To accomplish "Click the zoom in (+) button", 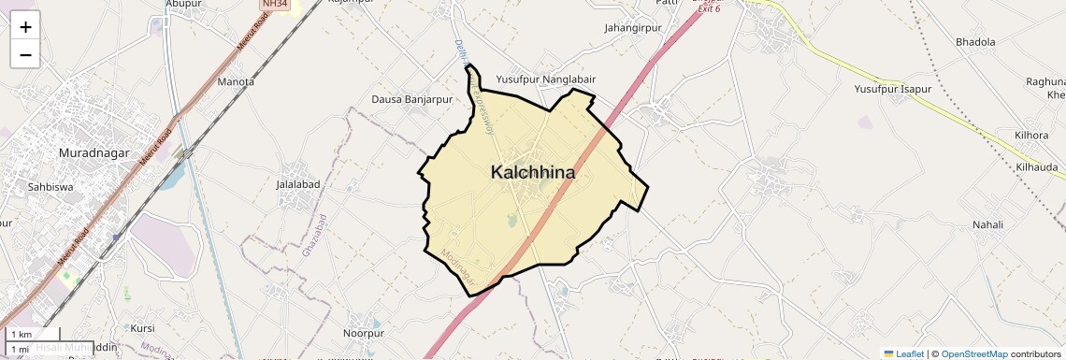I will point(25,27).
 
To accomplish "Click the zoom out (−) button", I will point(25,54).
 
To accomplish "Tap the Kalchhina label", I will point(533,173).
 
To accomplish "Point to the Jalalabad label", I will point(298,184).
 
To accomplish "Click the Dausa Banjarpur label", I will point(411,99).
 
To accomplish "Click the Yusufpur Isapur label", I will point(893,89).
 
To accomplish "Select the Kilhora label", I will point(1031,136).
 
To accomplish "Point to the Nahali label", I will point(987,224).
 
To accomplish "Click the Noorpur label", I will point(364,333).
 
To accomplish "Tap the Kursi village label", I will point(142,328).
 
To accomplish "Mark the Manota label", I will point(236,81).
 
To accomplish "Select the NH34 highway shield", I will point(273,5).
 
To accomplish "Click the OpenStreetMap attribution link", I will point(973,353).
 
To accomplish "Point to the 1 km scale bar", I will point(34,334).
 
